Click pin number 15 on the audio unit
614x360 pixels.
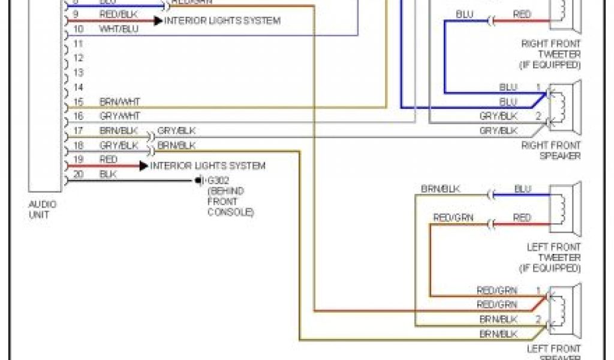coord(77,102)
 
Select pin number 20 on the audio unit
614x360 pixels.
coord(77,175)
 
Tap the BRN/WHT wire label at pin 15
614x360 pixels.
coord(119,102)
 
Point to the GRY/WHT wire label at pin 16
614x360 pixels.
coord(119,116)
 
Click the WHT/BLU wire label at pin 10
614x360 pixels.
coord(118,28)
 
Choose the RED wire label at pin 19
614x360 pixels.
coord(109,160)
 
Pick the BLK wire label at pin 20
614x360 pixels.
coord(108,175)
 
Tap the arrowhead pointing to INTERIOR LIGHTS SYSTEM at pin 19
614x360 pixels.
coord(143,166)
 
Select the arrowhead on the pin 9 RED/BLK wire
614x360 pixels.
coord(158,20)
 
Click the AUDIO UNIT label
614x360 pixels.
coord(43,209)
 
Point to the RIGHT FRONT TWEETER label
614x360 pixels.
coord(551,54)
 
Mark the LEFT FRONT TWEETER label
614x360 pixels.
coord(553,257)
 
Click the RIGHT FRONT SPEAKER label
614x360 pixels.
coord(551,150)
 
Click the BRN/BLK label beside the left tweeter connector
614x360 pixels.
coord(440,189)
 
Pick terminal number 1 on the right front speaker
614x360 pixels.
coord(538,87)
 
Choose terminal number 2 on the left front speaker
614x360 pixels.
coord(538,319)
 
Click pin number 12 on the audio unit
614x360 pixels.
coord(77,59)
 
